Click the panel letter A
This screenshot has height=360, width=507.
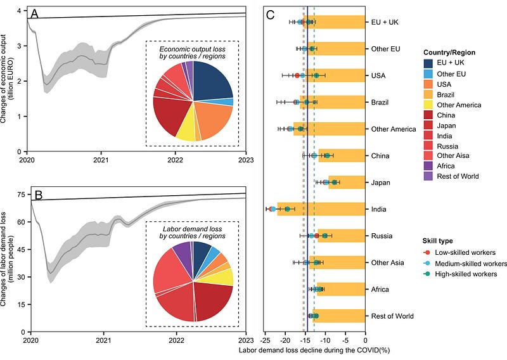(35, 15)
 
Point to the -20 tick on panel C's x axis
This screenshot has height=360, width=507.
(286, 341)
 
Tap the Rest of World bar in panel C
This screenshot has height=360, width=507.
(338, 316)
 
